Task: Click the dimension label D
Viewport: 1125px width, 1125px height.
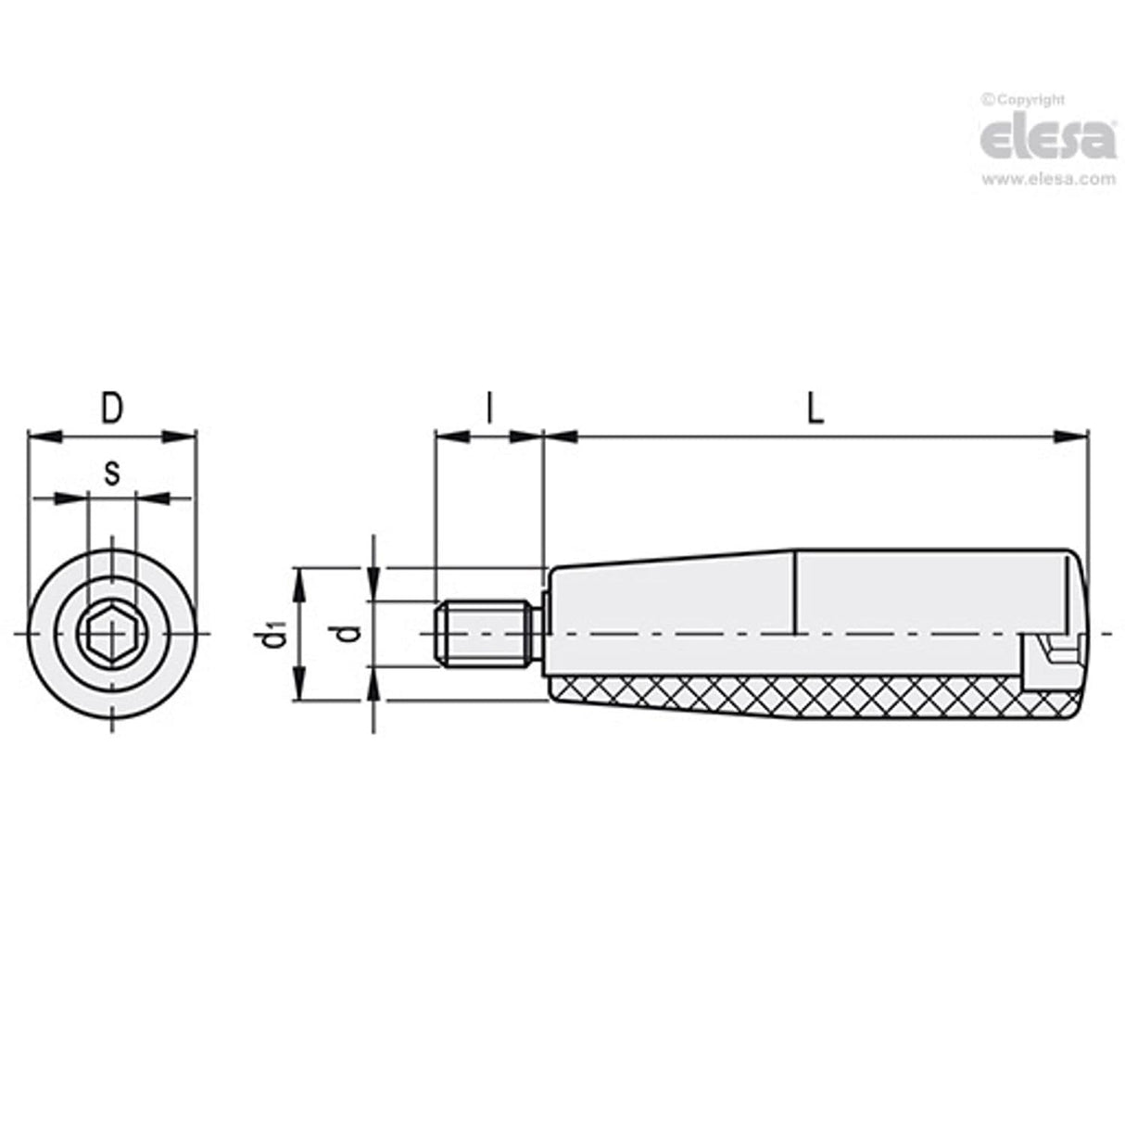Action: pyautogui.click(x=111, y=409)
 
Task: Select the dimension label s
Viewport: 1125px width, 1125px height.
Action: pyautogui.click(x=111, y=474)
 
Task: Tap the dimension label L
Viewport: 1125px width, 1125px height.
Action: pyautogui.click(x=814, y=409)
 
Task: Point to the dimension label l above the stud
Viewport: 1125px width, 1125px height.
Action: pyautogui.click(x=488, y=409)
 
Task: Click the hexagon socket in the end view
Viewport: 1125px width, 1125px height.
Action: pyautogui.click(x=112, y=634)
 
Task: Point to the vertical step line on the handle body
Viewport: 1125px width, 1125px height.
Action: pyautogui.click(x=795, y=593)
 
